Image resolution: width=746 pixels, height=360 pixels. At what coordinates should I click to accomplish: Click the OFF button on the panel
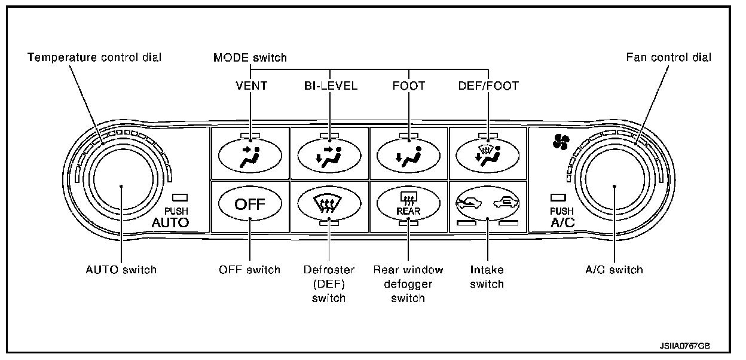pos(250,205)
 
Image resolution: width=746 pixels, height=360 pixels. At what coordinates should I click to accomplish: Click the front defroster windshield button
pos(329,205)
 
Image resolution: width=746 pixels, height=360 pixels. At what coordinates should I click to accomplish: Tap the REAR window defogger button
pos(408,205)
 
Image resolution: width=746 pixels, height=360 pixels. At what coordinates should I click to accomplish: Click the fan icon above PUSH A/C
pos(562,142)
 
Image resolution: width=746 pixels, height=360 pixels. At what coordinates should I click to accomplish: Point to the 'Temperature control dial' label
pos(95,57)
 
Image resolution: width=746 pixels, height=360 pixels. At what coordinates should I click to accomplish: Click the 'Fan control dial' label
pos(669,57)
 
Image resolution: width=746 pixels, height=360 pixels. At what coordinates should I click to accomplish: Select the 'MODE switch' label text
pos(250,57)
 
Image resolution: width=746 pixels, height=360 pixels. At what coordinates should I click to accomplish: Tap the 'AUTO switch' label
pos(121,269)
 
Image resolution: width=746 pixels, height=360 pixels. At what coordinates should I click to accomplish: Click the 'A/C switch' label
pos(614,269)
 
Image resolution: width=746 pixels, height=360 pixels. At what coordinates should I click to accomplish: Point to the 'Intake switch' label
pos(487,276)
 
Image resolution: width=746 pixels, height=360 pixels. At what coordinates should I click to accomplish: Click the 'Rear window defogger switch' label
pos(408,283)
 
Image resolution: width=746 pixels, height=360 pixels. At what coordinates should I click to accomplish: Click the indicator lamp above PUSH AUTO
pos(179,197)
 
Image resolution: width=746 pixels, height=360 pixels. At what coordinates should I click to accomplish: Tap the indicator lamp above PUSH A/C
pos(558,197)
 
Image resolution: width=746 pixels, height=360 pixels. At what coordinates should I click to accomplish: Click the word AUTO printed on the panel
pos(170,223)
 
